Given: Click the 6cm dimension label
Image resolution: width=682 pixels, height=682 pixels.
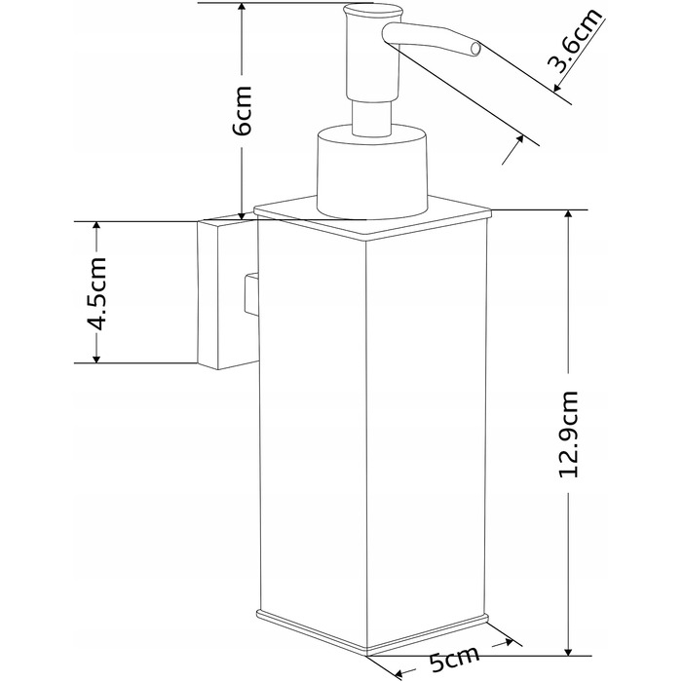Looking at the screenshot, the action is pyautogui.click(x=243, y=110).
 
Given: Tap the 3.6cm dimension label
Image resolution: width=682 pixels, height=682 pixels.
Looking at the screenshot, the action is pyautogui.click(x=575, y=41).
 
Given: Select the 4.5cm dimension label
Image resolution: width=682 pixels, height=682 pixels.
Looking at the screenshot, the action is pyautogui.click(x=96, y=293).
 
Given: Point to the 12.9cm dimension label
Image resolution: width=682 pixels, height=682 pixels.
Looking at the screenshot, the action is pyautogui.click(x=568, y=435).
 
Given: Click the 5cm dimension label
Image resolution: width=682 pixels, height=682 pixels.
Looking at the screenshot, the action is pyautogui.click(x=454, y=662).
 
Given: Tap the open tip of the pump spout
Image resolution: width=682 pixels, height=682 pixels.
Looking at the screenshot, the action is pyautogui.click(x=475, y=49).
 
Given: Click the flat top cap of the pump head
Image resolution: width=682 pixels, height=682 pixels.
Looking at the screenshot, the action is pyautogui.click(x=372, y=11).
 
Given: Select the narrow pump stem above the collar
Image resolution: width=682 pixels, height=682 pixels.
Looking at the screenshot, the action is pyautogui.click(x=372, y=117).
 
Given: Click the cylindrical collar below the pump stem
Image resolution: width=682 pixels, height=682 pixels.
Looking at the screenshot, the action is pyautogui.click(x=372, y=171).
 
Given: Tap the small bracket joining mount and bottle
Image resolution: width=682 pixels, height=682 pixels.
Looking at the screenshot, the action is pyautogui.click(x=251, y=294).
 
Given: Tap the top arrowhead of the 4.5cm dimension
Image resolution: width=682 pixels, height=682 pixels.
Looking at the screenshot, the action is pyautogui.click(x=96, y=227).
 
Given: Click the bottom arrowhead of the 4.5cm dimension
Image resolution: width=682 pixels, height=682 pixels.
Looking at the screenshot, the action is pyautogui.click(x=96, y=357).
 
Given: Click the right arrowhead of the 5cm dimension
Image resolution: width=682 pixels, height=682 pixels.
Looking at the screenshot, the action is pyautogui.click(x=507, y=642).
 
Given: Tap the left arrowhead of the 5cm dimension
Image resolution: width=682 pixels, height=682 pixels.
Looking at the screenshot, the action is pyautogui.click(x=397, y=675).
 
